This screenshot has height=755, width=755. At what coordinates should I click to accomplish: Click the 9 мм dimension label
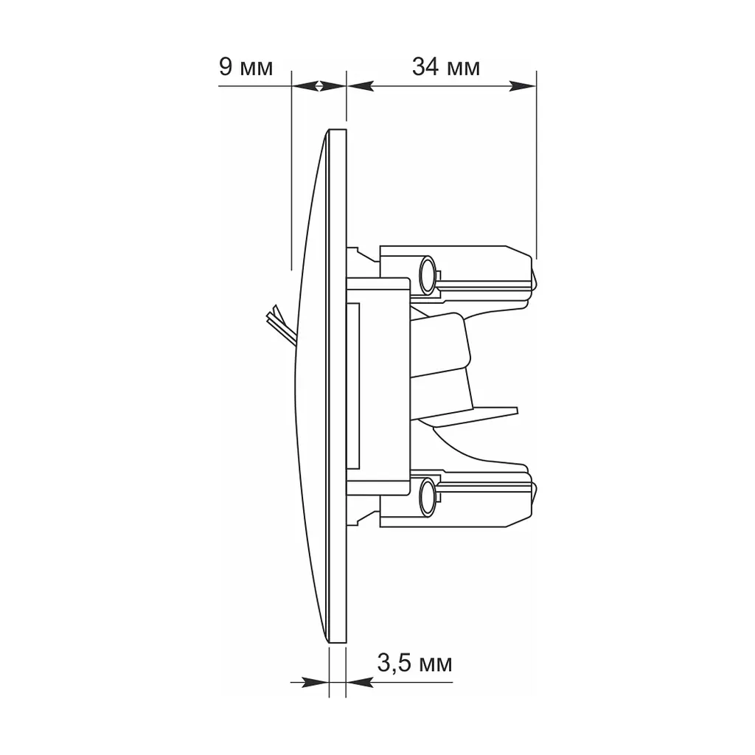[x=246, y=66]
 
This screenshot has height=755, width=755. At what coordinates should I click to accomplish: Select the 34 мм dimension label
[x=446, y=66]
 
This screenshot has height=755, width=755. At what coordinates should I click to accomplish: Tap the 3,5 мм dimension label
[x=414, y=663]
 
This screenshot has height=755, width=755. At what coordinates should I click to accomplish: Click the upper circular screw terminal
[x=427, y=276]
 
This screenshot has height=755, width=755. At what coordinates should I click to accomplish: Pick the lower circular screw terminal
[x=427, y=498]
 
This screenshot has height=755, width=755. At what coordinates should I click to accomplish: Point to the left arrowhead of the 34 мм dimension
[x=360, y=86]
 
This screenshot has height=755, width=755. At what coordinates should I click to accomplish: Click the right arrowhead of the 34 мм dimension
[x=523, y=86]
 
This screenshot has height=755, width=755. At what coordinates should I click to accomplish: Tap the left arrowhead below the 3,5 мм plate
[x=315, y=682]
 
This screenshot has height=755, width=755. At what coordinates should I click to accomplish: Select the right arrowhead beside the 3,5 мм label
[x=359, y=682]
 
